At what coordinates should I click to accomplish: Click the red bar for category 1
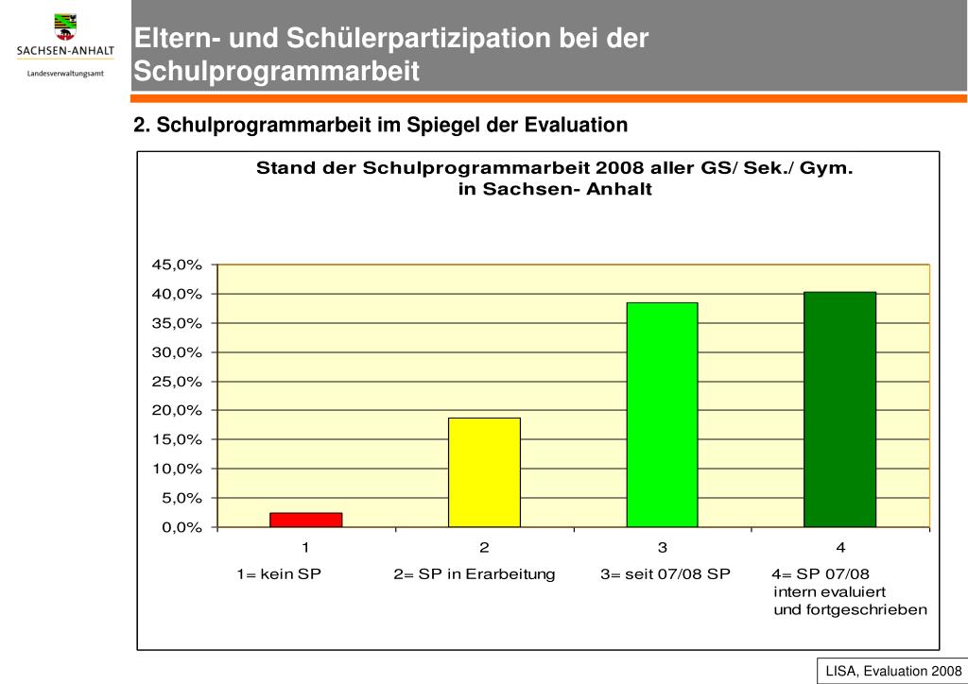[x=306, y=520]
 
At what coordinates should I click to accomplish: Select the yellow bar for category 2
[x=484, y=472]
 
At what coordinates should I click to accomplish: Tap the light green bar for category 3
[x=662, y=415]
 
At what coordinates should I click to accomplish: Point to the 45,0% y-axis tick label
[x=178, y=265]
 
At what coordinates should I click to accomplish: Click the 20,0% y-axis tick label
[x=178, y=410]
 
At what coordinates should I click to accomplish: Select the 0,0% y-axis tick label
[x=181, y=527]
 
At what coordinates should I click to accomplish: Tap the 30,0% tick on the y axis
[x=178, y=352]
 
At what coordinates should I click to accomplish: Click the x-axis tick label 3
[x=663, y=547]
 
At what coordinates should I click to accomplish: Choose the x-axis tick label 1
[x=305, y=547]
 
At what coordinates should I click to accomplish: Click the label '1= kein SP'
[x=279, y=573]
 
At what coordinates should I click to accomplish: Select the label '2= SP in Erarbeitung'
[x=475, y=573]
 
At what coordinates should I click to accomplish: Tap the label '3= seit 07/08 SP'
[x=665, y=573]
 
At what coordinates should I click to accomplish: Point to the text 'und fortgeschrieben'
[x=851, y=609]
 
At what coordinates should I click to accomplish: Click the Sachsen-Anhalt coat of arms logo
[x=65, y=26]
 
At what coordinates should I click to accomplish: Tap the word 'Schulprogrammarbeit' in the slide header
[x=276, y=71]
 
